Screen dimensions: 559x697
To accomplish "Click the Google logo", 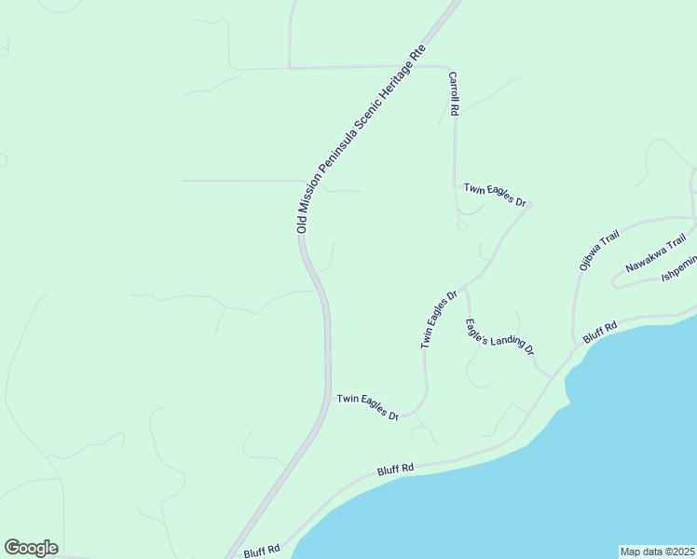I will (31, 548).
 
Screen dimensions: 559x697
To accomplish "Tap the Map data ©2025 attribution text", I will (657, 551).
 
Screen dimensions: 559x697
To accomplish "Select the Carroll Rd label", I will (454, 93).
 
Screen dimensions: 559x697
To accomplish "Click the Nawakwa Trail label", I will (649, 253).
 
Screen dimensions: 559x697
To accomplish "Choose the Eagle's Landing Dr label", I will (499, 336).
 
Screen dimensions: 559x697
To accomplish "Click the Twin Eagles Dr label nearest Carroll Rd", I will (496, 195).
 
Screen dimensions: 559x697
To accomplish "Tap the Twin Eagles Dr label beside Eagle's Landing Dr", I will (438, 320).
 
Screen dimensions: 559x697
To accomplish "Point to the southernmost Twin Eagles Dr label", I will (368, 405).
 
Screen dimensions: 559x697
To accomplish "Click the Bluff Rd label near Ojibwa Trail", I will (600, 333).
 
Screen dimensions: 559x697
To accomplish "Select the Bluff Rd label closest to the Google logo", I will (262, 551).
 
